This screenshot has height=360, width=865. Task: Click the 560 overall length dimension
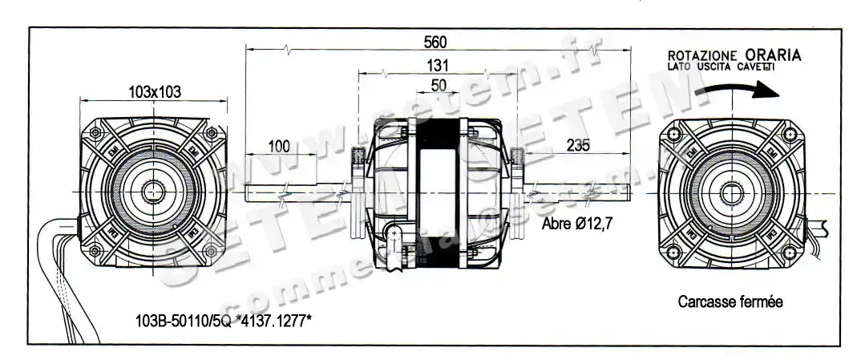(x=435, y=42)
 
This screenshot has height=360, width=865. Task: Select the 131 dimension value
(x=437, y=66)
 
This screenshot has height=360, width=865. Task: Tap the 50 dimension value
(x=439, y=84)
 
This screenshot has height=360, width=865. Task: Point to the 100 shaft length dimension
(x=278, y=146)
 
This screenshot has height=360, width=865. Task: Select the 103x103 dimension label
(x=154, y=92)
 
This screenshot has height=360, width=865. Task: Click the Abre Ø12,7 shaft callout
(x=577, y=224)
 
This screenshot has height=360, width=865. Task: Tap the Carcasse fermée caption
(x=730, y=301)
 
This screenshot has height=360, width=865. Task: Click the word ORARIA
(x=772, y=55)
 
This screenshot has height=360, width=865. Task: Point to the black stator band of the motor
(x=438, y=192)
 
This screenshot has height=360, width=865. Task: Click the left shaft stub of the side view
(x=297, y=193)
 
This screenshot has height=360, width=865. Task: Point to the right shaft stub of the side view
(x=577, y=193)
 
